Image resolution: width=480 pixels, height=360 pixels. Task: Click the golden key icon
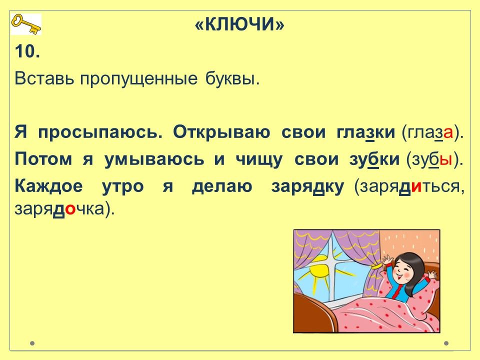(26, 24)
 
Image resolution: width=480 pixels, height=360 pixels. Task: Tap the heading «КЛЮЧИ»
(239, 24)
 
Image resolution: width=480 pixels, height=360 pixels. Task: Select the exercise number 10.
(27, 51)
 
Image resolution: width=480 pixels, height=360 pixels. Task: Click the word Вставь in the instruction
(44, 78)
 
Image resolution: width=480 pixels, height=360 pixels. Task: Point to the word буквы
(232, 78)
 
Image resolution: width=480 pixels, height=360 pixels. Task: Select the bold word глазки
(365, 132)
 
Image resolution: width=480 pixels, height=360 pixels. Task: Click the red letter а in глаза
(448, 133)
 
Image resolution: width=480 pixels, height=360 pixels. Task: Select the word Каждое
(48, 186)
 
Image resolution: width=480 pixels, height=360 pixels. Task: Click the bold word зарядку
(307, 186)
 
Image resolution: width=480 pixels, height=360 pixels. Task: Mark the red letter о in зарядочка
(70, 210)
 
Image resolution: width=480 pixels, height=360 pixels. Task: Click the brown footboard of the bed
(315, 312)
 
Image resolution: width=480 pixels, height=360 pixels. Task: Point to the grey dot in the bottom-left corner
(32, 343)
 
